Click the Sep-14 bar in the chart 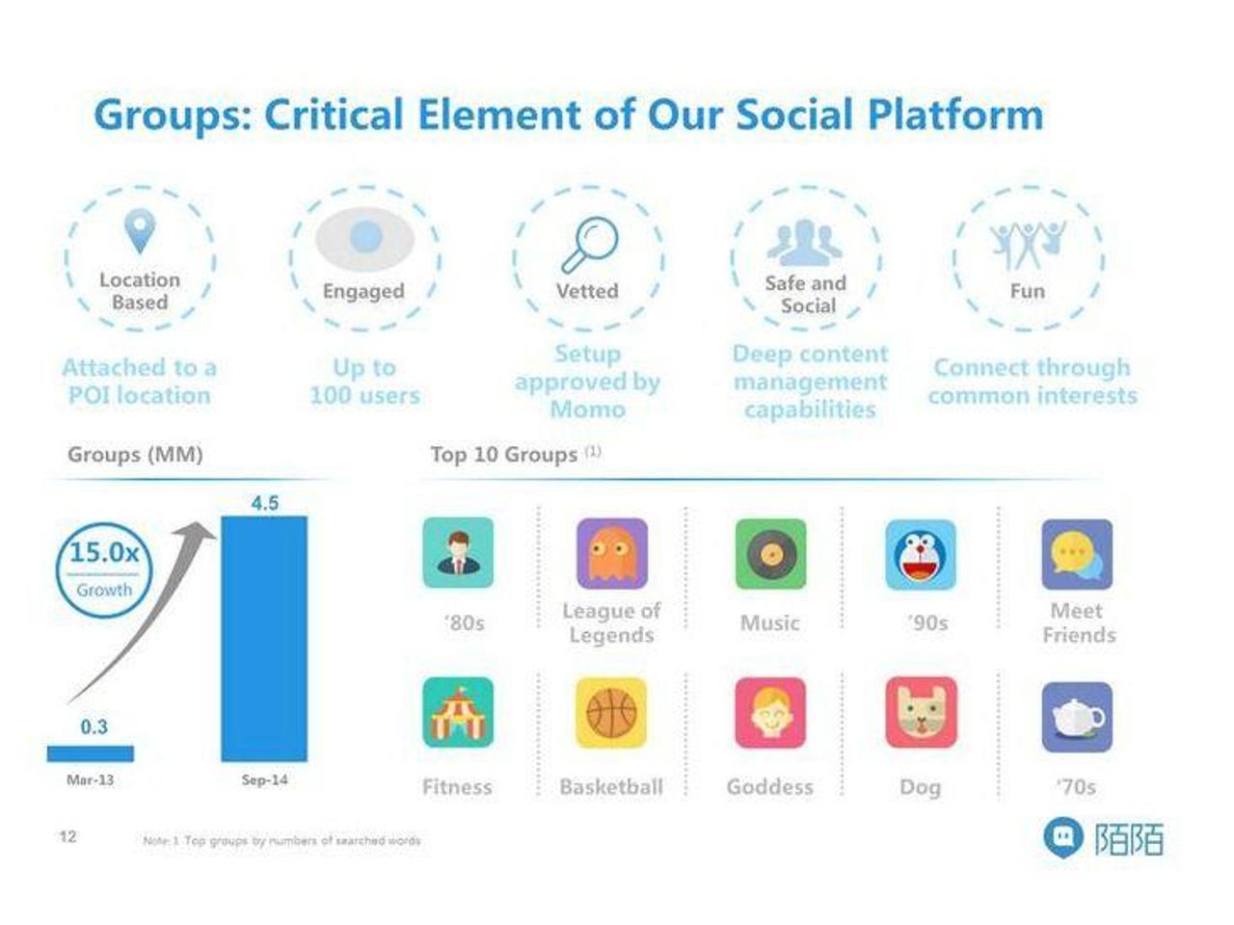click(x=264, y=639)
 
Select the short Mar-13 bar click(x=91, y=753)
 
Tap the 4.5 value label click(x=265, y=503)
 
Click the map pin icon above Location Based click(x=140, y=231)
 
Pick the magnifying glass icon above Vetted click(x=590, y=245)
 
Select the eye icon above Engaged click(x=365, y=238)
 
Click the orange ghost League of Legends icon click(x=611, y=554)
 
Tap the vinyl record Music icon click(x=770, y=554)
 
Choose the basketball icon click(x=611, y=713)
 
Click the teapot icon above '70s click(x=1077, y=718)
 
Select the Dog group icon click(x=921, y=713)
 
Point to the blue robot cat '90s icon click(x=921, y=555)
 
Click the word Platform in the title click(x=955, y=115)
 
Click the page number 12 click(x=67, y=836)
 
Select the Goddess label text click(x=769, y=787)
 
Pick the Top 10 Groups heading click(x=503, y=455)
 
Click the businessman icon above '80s click(x=458, y=553)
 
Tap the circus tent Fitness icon click(x=458, y=713)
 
